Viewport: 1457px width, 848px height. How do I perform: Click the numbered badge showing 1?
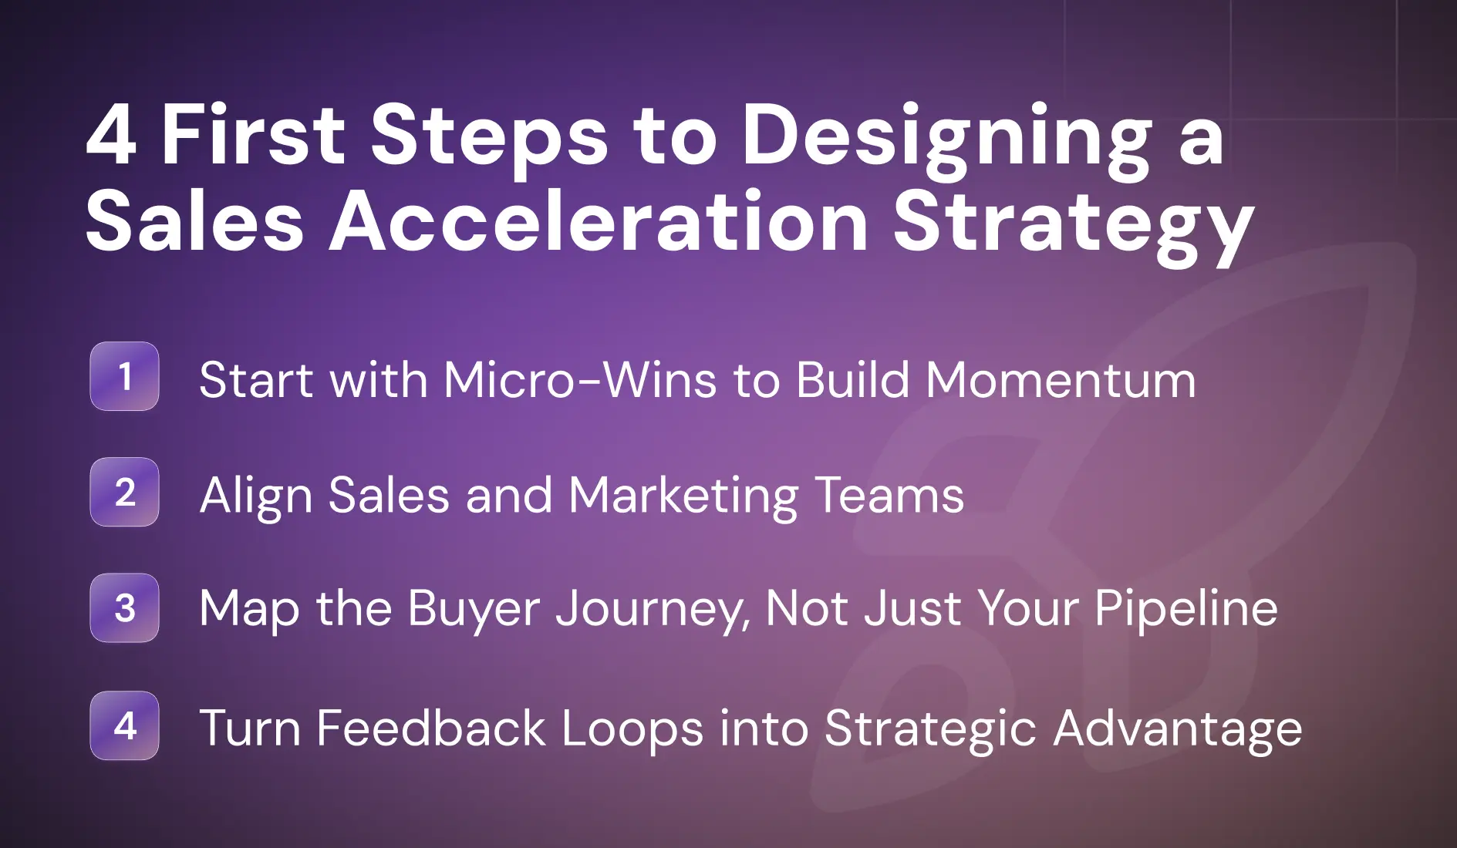point(124,376)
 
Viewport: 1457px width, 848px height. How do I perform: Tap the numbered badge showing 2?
point(124,492)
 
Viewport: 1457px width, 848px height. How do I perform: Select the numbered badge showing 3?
point(124,608)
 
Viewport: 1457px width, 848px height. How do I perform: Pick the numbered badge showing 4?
point(124,725)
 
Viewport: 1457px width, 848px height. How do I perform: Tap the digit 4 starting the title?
point(112,136)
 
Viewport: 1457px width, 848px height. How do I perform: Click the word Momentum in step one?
point(1061,379)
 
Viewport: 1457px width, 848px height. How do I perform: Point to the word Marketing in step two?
point(683,496)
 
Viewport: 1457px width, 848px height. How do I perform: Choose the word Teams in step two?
point(889,494)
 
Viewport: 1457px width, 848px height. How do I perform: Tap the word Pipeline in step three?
point(1185,609)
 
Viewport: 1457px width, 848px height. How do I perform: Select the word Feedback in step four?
point(430,728)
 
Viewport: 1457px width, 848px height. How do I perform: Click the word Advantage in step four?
point(1177,729)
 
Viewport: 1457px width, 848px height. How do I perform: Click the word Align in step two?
point(255,496)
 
